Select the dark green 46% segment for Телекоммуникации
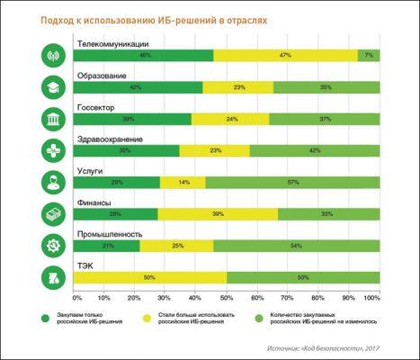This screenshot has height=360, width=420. tap(146, 56)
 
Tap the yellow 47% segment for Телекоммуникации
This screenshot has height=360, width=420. tap(285, 56)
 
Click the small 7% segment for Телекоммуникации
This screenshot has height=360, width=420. tap(369, 56)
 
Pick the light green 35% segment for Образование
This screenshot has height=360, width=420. tap(326, 87)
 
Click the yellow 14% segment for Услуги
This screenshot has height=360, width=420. tap(184, 182)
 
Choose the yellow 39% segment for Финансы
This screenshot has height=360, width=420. tap(219, 213)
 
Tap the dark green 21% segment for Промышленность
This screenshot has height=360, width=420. tap(108, 245)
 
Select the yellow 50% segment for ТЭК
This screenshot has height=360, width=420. tap(150, 276)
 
